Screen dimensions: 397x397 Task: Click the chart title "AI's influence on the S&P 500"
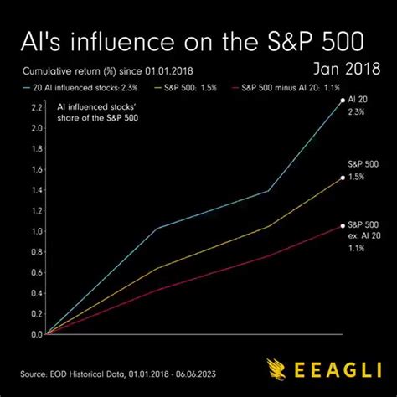click(x=198, y=43)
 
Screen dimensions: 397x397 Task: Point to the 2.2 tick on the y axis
click(x=35, y=108)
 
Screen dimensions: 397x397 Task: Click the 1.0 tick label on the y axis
click(x=35, y=231)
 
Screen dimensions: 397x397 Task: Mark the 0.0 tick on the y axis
click(x=35, y=334)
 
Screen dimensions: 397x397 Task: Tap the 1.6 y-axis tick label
click(x=35, y=169)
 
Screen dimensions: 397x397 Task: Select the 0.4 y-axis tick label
click(x=35, y=293)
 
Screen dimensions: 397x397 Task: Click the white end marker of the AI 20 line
click(x=341, y=100)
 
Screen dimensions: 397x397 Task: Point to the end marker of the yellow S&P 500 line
click(x=342, y=178)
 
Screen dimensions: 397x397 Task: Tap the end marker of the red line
click(x=342, y=225)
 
